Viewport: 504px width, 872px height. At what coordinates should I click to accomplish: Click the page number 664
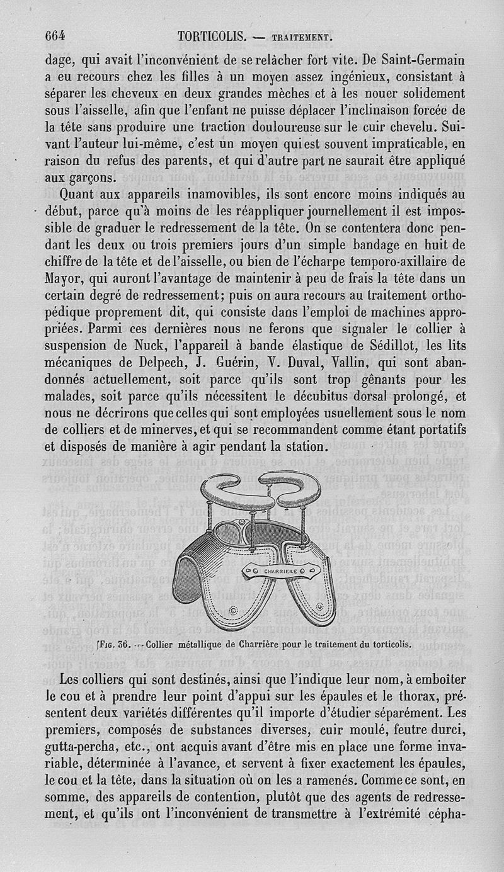pyautogui.click(x=55, y=35)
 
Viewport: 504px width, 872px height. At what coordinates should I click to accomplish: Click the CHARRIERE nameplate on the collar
pyautogui.click(x=282, y=571)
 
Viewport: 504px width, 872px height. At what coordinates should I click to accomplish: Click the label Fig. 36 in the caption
pyautogui.click(x=113, y=645)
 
